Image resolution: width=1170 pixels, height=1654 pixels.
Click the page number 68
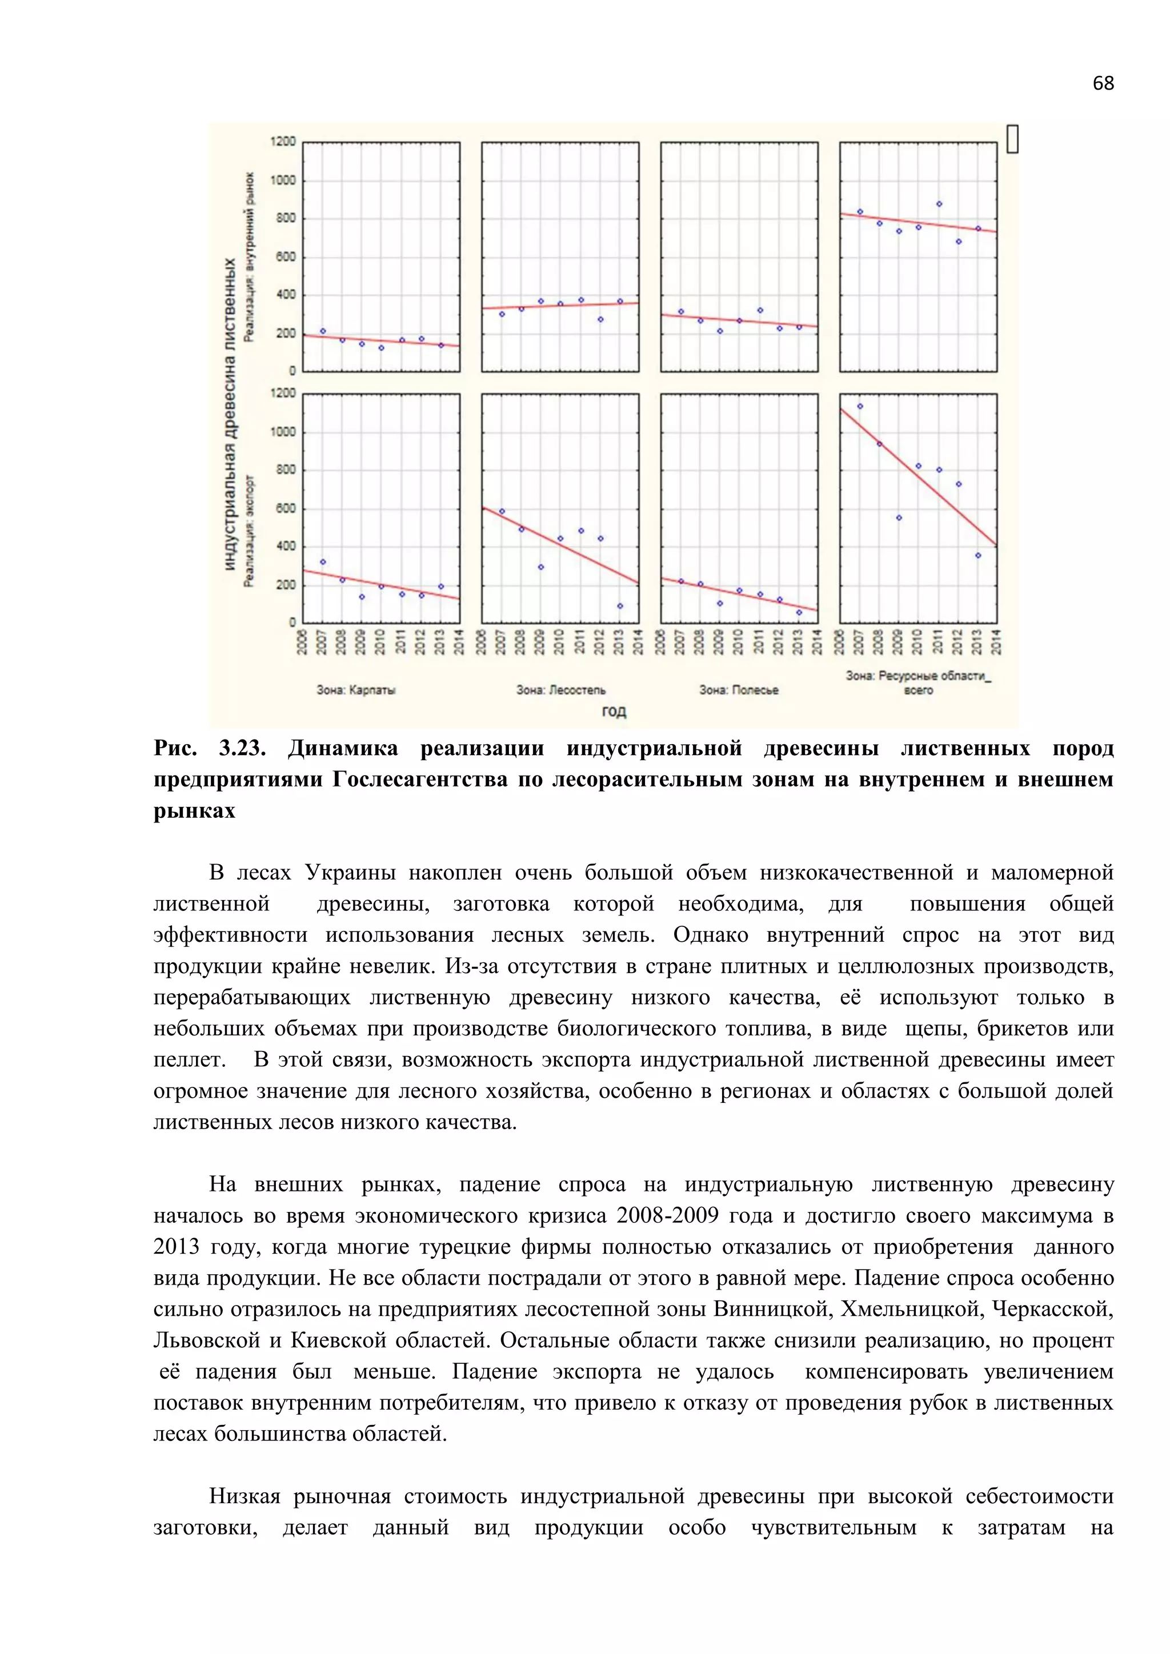click(x=1102, y=83)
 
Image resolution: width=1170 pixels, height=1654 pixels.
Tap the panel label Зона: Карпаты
click(x=356, y=690)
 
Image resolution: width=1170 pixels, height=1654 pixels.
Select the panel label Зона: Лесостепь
click(x=561, y=690)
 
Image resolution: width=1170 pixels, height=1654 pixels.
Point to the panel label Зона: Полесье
click(x=739, y=690)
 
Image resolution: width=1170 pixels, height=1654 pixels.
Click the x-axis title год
click(x=613, y=712)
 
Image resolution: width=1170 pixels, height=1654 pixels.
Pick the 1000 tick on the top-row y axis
click(x=283, y=180)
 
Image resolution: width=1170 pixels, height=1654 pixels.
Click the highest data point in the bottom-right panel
click(x=859, y=406)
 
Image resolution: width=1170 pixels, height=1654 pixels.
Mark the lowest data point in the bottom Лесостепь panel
click(x=620, y=606)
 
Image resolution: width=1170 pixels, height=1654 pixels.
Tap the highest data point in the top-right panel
click(x=939, y=204)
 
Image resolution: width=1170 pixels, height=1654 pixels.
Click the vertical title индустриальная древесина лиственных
click(x=230, y=414)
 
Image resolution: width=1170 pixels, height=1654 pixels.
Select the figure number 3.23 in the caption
click(x=242, y=749)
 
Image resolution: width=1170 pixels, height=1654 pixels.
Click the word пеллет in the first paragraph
click(x=187, y=1061)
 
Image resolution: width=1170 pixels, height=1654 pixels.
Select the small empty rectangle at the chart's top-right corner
click(x=1012, y=138)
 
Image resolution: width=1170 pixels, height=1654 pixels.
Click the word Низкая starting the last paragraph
click(x=245, y=1497)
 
